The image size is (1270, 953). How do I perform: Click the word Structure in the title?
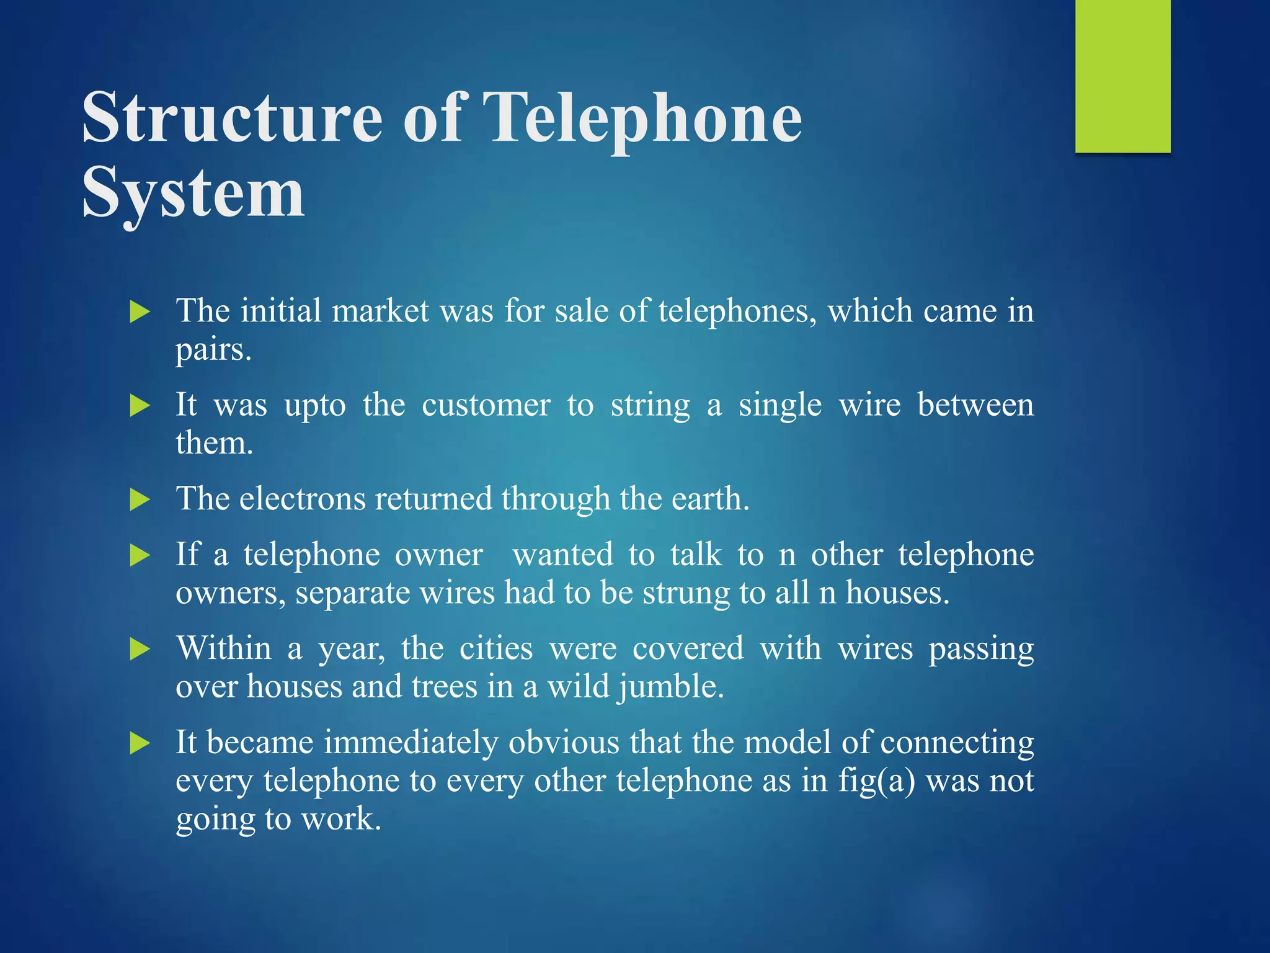tap(232, 118)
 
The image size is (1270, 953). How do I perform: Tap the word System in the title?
tap(193, 194)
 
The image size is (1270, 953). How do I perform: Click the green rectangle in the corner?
tap(1122, 76)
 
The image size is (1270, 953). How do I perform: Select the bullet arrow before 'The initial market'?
tap(140, 312)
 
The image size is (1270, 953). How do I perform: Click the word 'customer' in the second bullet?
tap(486, 406)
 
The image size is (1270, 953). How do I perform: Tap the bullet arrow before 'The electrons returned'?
tap(140, 500)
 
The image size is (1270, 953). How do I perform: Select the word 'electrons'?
tap(303, 499)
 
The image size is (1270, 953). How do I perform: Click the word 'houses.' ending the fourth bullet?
tap(897, 593)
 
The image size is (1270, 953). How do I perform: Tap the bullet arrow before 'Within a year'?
tap(140, 650)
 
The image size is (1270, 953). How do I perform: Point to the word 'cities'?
tap(496, 649)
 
